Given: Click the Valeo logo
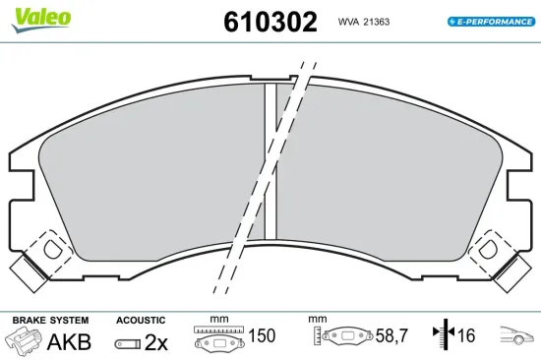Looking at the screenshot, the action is pyautogui.click(x=41, y=20).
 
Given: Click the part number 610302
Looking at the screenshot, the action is pyautogui.click(x=270, y=22).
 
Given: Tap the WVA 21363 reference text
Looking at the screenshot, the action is pyautogui.click(x=364, y=22).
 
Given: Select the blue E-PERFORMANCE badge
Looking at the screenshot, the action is pyautogui.click(x=491, y=22).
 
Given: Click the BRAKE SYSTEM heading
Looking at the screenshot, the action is pyautogui.click(x=50, y=320).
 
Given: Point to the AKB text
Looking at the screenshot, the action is pyautogui.click(x=69, y=341).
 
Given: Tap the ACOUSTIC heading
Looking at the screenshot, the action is pyautogui.click(x=141, y=321).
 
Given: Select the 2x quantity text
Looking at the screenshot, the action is pyautogui.click(x=156, y=342).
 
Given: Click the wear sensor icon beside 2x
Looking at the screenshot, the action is pyautogui.click(x=128, y=344).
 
